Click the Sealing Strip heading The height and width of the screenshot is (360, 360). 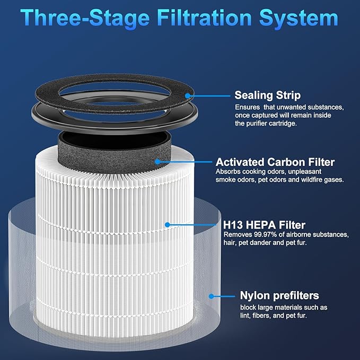coord(268,95)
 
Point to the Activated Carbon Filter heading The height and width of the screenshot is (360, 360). coord(275,162)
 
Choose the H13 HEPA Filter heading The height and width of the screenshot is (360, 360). coord(257,225)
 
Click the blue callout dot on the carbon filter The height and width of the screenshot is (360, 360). coord(157,161)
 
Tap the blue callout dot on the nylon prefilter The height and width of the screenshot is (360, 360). coord(212,296)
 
